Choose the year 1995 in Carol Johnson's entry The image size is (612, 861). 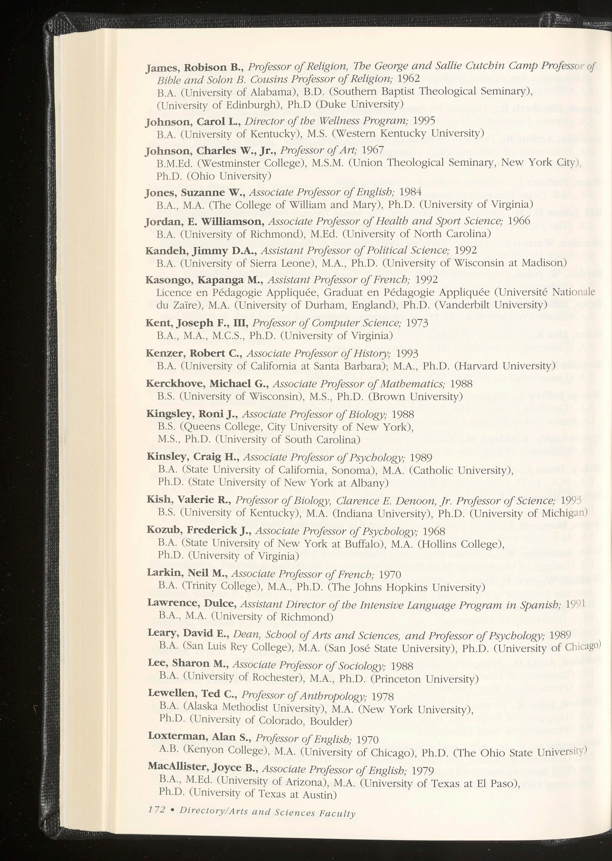pyautogui.click(x=424, y=121)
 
